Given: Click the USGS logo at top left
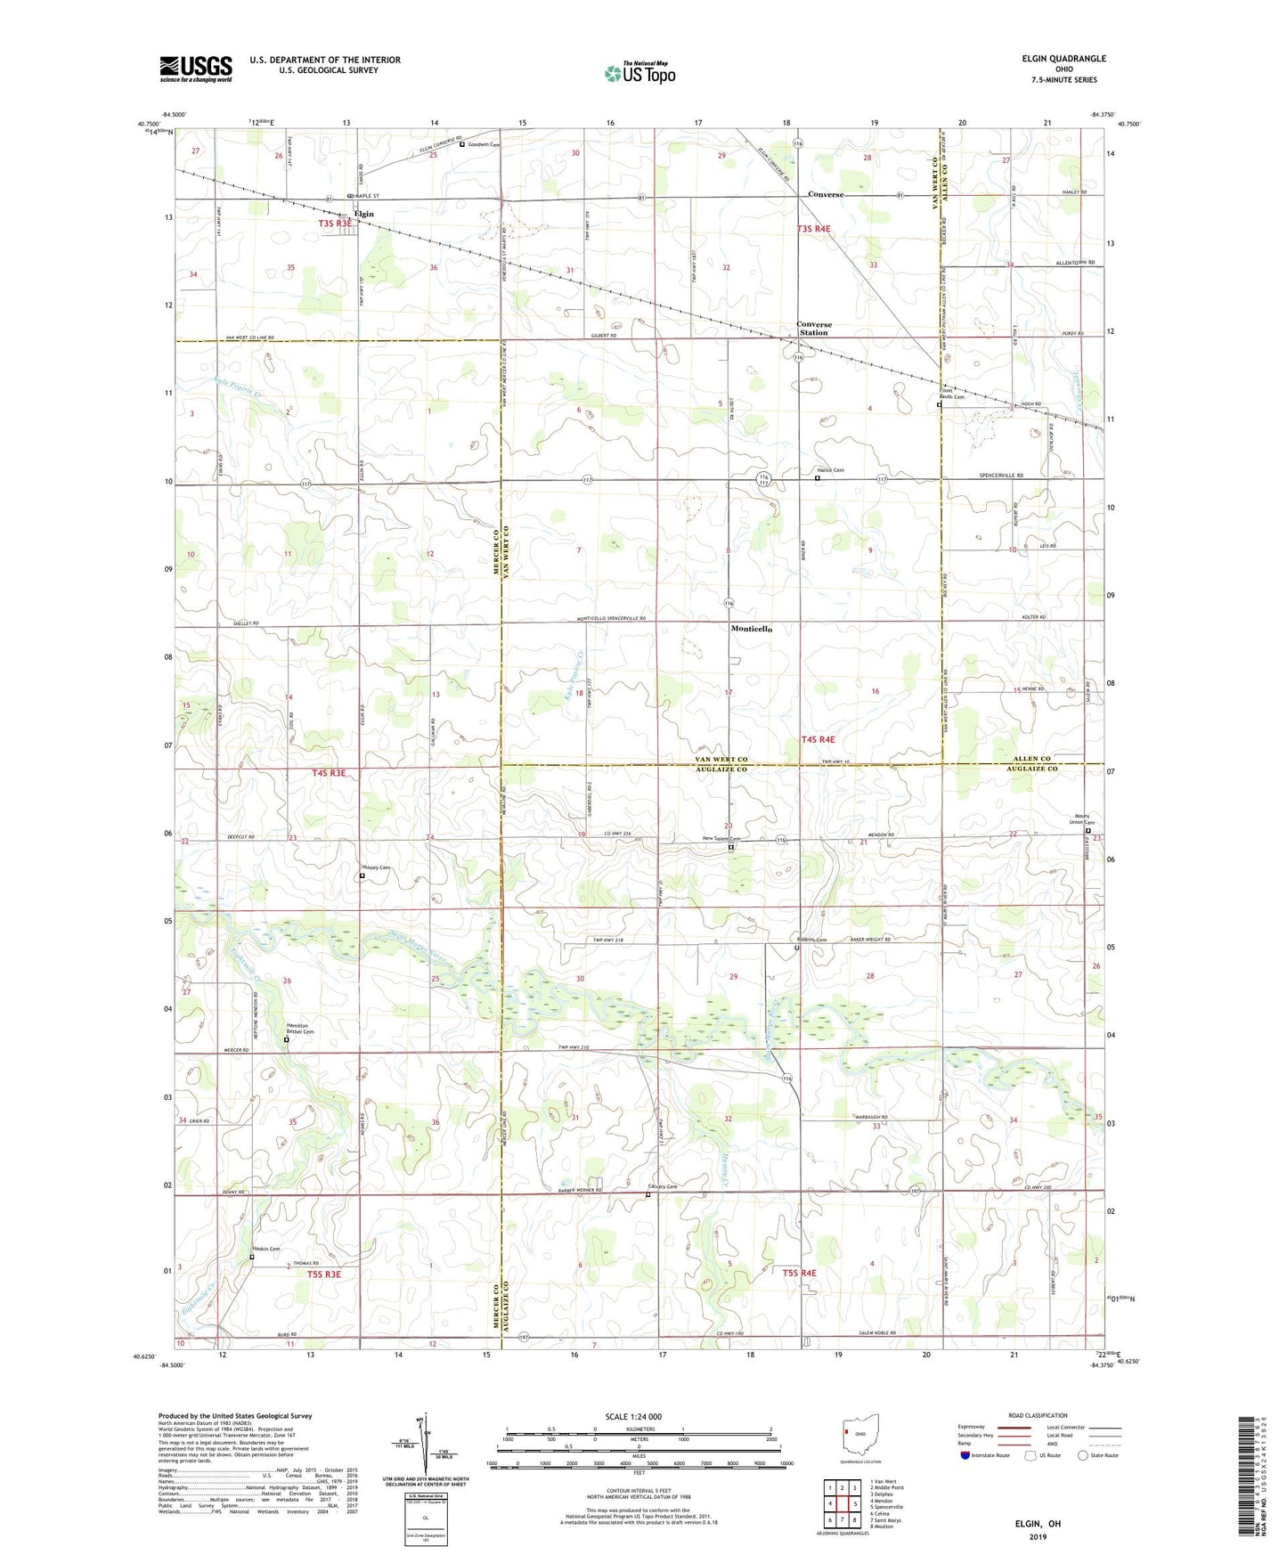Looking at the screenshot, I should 195,69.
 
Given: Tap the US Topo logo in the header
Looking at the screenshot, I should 639,73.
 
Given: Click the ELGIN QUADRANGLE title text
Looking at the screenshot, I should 1063,59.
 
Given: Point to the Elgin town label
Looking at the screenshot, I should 363,214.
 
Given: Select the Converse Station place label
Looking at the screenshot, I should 813,329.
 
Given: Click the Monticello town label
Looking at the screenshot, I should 751,629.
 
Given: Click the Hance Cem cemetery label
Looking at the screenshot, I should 830,470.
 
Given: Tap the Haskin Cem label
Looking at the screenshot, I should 266,1249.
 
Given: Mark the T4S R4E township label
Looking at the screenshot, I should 818,739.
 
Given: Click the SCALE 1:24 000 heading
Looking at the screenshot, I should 632,1417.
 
